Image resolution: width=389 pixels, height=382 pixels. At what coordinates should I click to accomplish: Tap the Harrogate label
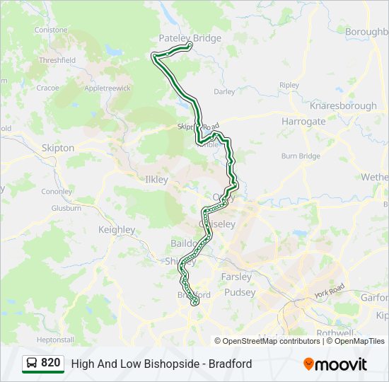pos(303,121)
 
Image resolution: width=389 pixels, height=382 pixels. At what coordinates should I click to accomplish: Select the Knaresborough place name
pos(343,105)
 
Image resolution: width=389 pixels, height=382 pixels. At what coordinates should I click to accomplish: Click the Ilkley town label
pos(156,180)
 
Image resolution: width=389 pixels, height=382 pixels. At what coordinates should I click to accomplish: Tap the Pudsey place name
pos(239,292)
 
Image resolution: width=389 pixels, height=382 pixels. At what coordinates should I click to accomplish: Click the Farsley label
pos(236,277)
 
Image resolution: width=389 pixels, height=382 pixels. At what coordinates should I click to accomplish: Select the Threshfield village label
pos(57,61)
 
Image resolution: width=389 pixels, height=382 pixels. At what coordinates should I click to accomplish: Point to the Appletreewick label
pos(108,88)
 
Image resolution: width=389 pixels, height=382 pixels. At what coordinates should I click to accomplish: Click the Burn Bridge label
pos(301,156)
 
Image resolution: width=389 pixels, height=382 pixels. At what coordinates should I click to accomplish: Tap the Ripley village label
pos(289,85)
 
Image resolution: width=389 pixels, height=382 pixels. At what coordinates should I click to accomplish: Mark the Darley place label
pos(224,91)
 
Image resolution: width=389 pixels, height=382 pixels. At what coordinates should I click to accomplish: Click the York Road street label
pos(330,290)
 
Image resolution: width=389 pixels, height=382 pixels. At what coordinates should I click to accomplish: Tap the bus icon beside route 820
pos(32,364)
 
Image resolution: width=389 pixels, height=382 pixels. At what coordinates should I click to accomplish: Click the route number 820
pos(50,363)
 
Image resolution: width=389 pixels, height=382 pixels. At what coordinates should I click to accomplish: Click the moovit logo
pos(335,364)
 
